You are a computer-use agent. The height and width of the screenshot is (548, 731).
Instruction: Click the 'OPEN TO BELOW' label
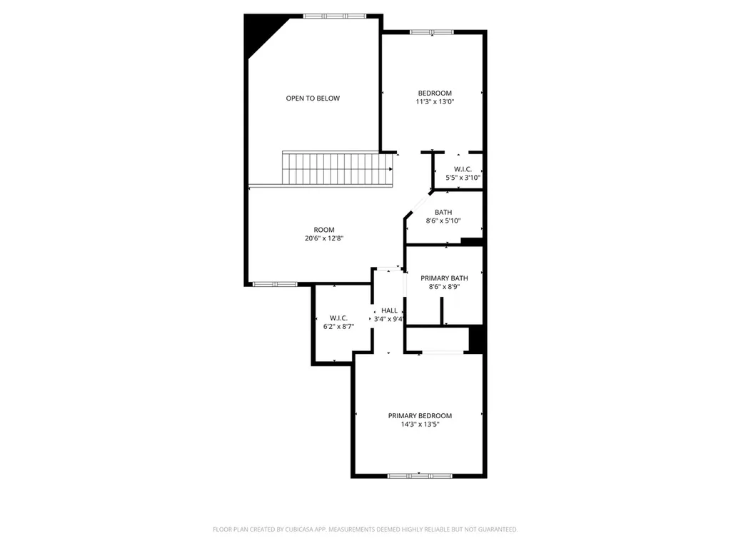click(313, 98)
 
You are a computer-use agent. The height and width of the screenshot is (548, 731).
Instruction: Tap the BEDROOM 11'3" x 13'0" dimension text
click(435, 101)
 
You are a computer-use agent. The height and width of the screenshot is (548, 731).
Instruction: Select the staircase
click(338, 168)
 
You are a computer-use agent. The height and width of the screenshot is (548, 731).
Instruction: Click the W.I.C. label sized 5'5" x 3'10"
click(463, 169)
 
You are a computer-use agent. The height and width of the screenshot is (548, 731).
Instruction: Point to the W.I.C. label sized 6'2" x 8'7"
click(338, 318)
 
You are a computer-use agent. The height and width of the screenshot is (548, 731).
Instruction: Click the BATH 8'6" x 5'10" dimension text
click(443, 221)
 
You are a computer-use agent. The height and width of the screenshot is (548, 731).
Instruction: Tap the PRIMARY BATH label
click(444, 278)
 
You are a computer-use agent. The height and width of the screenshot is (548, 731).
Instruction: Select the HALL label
click(390, 311)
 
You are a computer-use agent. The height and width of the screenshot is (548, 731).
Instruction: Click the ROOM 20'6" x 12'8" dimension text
click(324, 238)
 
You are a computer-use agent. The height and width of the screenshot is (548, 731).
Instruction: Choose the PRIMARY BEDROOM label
click(420, 416)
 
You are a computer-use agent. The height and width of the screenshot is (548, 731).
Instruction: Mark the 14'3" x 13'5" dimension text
click(420, 424)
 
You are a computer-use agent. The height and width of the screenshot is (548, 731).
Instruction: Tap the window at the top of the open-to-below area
click(335, 16)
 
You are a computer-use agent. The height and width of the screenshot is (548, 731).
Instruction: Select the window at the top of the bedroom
click(432, 32)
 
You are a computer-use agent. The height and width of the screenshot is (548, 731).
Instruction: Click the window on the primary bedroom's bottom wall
click(420, 476)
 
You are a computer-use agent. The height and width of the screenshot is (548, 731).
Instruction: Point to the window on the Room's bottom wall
click(275, 284)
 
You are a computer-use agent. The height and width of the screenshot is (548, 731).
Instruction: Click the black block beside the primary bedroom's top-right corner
click(477, 340)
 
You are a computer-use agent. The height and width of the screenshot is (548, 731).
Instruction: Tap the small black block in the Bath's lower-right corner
click(471, 241)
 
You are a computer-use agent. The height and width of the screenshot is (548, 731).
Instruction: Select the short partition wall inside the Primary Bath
click(441, 310)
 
